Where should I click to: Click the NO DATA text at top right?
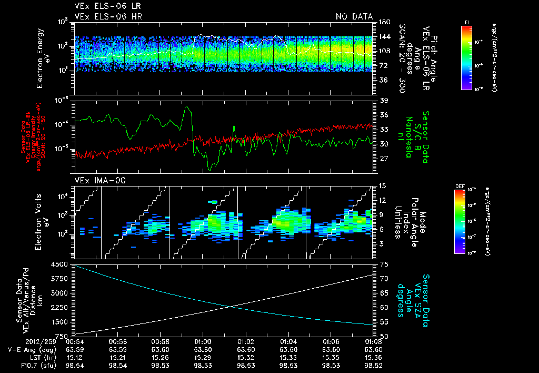click(x=354, y=17)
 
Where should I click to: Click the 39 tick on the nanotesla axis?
click(x=383, y=101)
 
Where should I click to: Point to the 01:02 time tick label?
click(x=246, y=341)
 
